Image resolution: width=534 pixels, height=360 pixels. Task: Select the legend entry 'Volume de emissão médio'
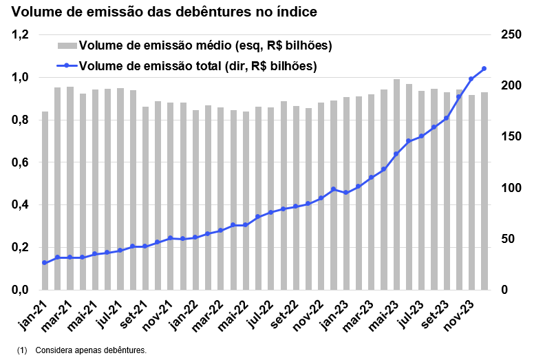(206, 46)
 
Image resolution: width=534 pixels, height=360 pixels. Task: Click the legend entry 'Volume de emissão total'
(197, 66)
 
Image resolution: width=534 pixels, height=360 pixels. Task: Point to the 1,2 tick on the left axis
(21, 35)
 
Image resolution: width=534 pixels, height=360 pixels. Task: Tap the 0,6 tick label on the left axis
(21, 162)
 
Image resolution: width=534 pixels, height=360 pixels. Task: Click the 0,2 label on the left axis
(21, 248)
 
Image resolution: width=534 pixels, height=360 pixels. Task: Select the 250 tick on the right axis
(510, 35)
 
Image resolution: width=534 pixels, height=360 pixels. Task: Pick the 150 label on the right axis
(510, 137)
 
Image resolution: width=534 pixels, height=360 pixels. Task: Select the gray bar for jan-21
(45, 201)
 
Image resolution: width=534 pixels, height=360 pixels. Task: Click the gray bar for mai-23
(396, 184)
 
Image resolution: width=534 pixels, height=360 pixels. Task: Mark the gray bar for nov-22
(321, 196)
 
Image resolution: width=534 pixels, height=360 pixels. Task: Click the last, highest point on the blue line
(484, 68)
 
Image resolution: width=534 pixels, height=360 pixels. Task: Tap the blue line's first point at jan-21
(45, 263)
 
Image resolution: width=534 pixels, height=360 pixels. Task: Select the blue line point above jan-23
(346, 193)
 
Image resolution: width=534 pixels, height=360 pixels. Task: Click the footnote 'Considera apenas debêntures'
(90, 350)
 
